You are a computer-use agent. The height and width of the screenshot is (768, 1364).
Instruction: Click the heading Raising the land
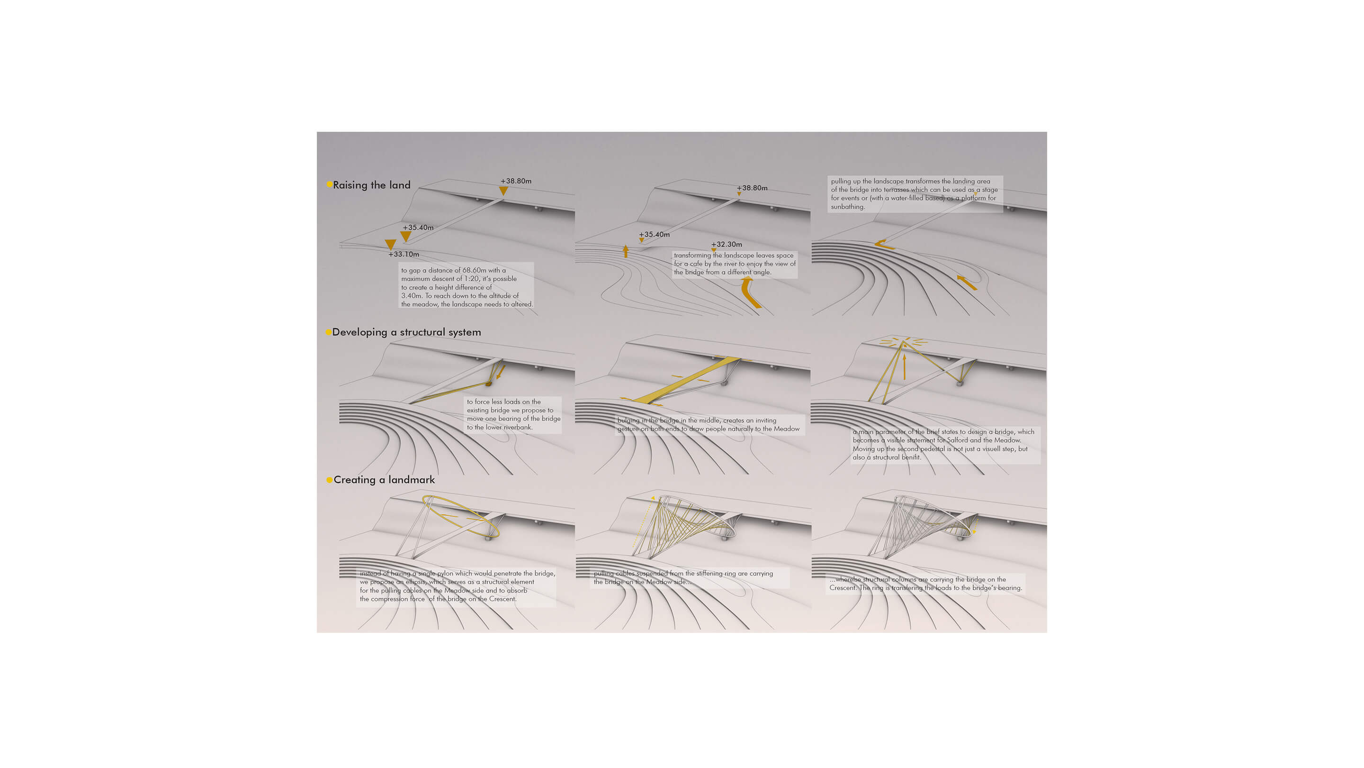point(372,185)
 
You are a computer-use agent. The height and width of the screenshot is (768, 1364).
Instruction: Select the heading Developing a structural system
point(407,332)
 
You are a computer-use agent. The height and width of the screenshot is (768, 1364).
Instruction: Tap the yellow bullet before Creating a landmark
point(329,480)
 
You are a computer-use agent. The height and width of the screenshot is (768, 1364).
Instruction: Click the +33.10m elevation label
point(404,255)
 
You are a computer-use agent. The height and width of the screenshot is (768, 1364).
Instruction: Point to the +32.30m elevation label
point(727,244)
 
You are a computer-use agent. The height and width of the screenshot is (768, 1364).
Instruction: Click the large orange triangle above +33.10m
point(390,244)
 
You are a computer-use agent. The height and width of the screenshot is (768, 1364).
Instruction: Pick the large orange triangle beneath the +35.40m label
point(405,237)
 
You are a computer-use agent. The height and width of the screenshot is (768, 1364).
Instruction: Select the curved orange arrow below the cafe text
point(749,293)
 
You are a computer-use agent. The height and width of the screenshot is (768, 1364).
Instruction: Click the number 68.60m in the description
point(475,270)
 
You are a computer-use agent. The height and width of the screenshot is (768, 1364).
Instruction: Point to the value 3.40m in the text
point(412,296)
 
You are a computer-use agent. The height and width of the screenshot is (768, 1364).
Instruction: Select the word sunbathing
point(848,207)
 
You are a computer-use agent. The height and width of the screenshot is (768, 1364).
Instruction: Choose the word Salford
point(956,440)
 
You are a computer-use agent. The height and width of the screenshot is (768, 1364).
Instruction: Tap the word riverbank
point(517,427)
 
